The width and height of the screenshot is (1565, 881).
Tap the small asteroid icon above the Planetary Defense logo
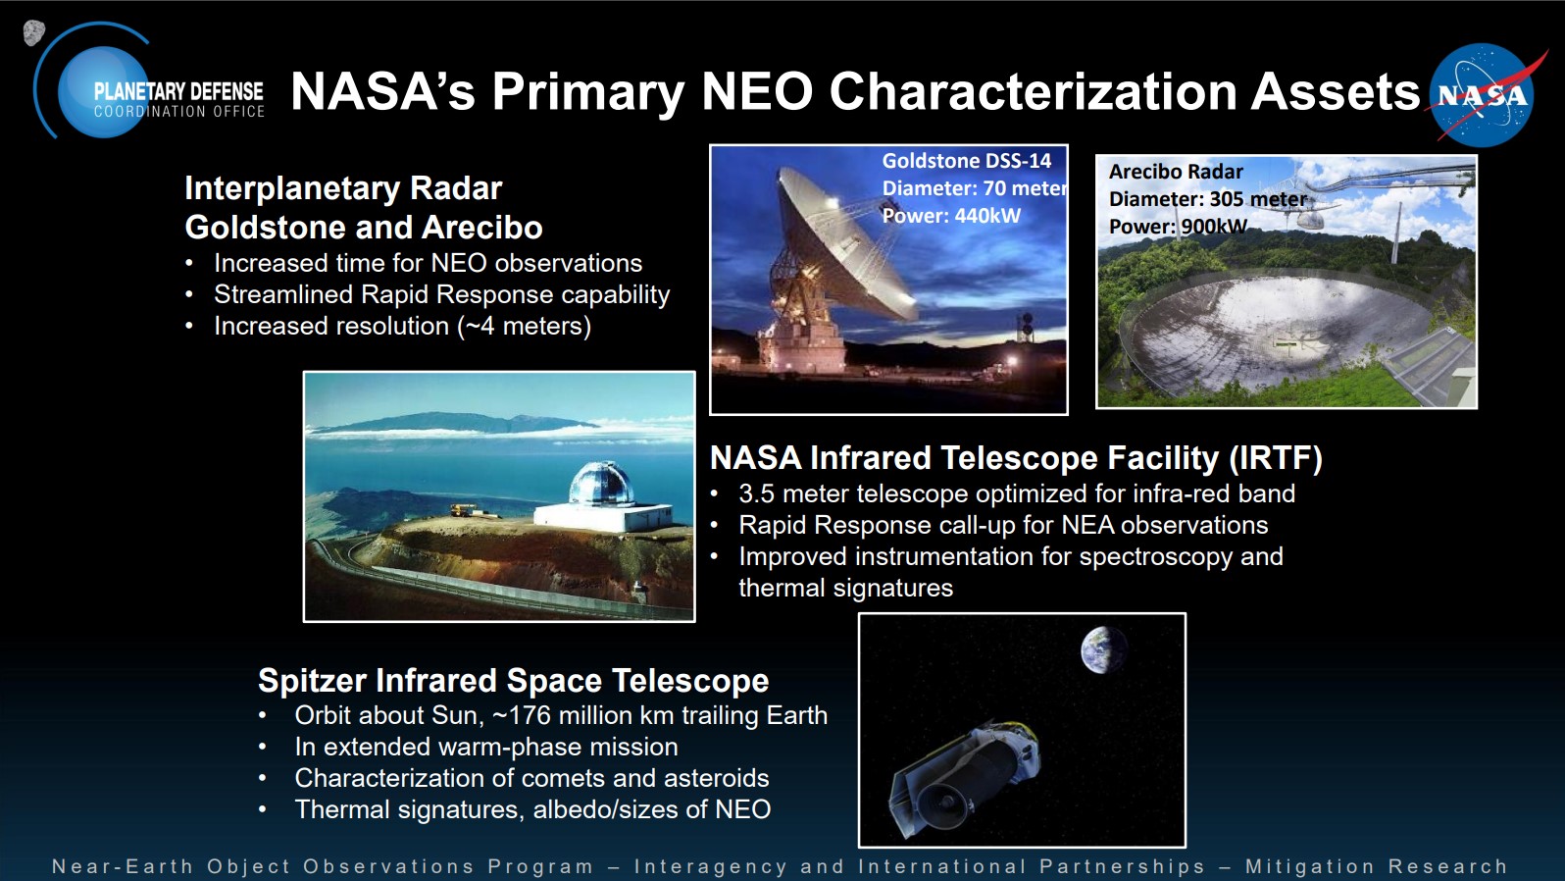[x=33, y=32]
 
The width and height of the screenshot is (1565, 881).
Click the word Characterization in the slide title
[x=1034, y=92]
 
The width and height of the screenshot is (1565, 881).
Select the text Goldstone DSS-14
[x=966, y=161]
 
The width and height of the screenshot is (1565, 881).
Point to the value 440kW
[x=987, y=216]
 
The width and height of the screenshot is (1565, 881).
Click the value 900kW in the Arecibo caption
[x=1214, y=227]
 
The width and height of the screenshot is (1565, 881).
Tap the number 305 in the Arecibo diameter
[x=1226, y=199]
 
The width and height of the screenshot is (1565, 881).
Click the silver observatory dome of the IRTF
[x=601, y=483]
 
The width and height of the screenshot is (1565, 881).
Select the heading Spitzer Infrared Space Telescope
[x=514, y=680]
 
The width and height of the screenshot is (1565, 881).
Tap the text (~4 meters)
[x=524, y=326]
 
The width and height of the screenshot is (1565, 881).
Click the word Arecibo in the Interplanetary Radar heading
[x=482, y=228]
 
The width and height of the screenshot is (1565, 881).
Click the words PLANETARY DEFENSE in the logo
[x=178, y=91]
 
